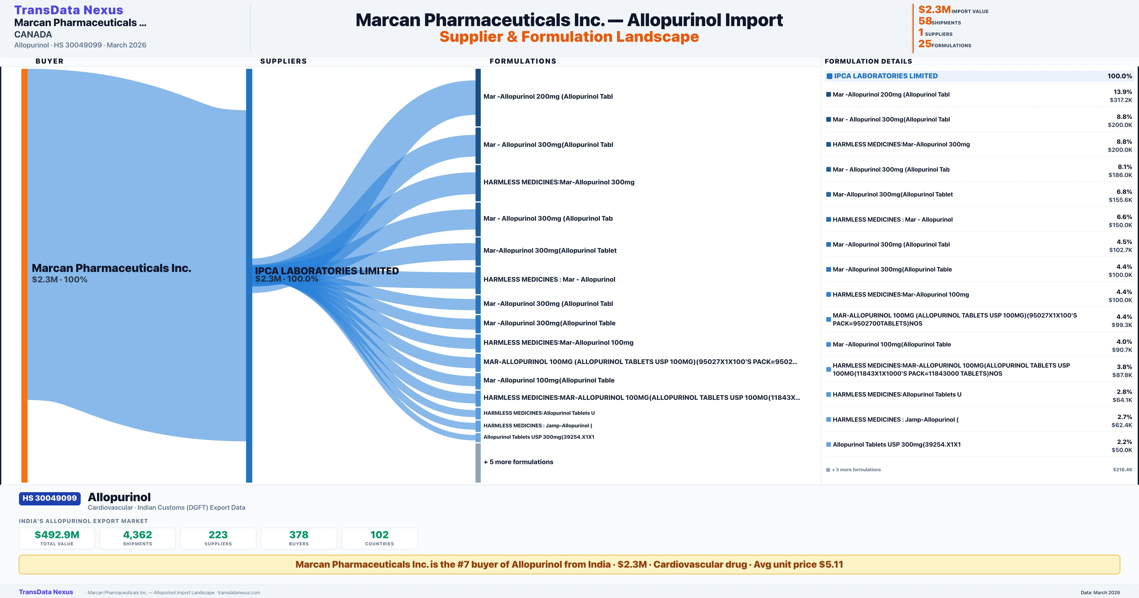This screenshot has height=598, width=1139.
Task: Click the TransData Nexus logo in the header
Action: tap(69, 10)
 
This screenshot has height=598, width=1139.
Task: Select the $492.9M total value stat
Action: tap(57, 535)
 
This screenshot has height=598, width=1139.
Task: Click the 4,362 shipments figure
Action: tap(138, 535)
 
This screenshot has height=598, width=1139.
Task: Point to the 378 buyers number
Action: tap(299, 535)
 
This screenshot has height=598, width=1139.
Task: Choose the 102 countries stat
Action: tap(379, 535)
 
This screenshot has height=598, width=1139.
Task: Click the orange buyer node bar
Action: tap(24, 275)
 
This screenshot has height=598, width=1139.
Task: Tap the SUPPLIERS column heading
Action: tap(283, 61)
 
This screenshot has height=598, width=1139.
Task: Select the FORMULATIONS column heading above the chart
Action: tap(523, 61)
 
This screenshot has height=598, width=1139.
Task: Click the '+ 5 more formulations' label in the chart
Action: tap(518, 462)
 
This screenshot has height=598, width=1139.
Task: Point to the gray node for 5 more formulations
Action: tap(478, 463)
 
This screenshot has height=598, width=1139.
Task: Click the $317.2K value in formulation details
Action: tap(1121, 100)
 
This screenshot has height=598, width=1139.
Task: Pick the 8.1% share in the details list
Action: tap(1125, 167)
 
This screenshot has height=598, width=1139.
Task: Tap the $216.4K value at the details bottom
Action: tap(1123, 470)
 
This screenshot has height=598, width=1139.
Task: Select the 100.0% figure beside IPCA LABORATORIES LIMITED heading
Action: tap(1120, 76)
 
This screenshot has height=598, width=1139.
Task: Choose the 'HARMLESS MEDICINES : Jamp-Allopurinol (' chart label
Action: tap(538, 425)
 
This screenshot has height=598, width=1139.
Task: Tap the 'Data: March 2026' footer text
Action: tap(1100, 593)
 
